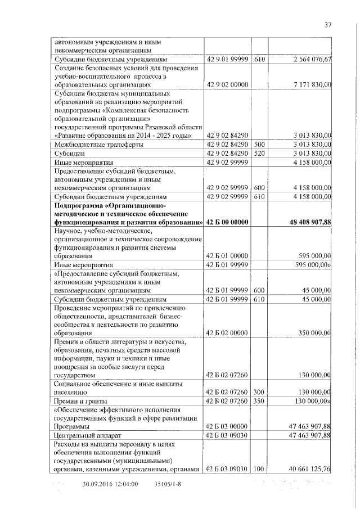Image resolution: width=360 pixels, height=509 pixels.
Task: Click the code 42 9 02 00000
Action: click(227, 84)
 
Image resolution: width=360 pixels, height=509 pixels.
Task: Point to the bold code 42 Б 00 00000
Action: click(227, 223)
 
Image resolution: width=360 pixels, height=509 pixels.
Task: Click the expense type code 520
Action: click(259, 153)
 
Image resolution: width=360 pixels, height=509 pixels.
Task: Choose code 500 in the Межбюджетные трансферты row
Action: click(259, 145)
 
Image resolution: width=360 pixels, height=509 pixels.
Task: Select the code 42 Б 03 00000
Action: click(227, 427)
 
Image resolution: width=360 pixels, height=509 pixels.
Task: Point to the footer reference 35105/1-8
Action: click(167, 484)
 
